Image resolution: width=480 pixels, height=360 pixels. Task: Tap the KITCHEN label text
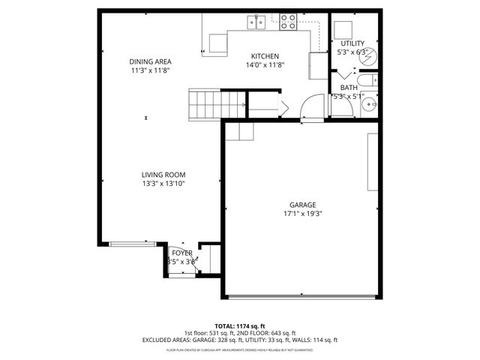click(x=265, y=56)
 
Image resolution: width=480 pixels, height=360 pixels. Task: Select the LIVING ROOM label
click(x=163, y=175)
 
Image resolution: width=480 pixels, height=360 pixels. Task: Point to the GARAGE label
click(x=303, y=205)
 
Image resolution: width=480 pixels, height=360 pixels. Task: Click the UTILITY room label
click(x=352, y=43)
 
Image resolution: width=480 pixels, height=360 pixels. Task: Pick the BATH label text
click(x=348, y=87)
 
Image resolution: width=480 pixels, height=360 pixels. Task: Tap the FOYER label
click(x=182, y=253)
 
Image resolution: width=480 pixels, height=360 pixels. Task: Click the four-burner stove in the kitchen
click(x=288, y=22)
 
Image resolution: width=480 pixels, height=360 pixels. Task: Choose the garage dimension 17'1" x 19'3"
click(x=303, y=213)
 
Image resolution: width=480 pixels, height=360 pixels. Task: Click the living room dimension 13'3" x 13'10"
click(x=163, y=183)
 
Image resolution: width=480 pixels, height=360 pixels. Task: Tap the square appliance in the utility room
click(x=344, y=30)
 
